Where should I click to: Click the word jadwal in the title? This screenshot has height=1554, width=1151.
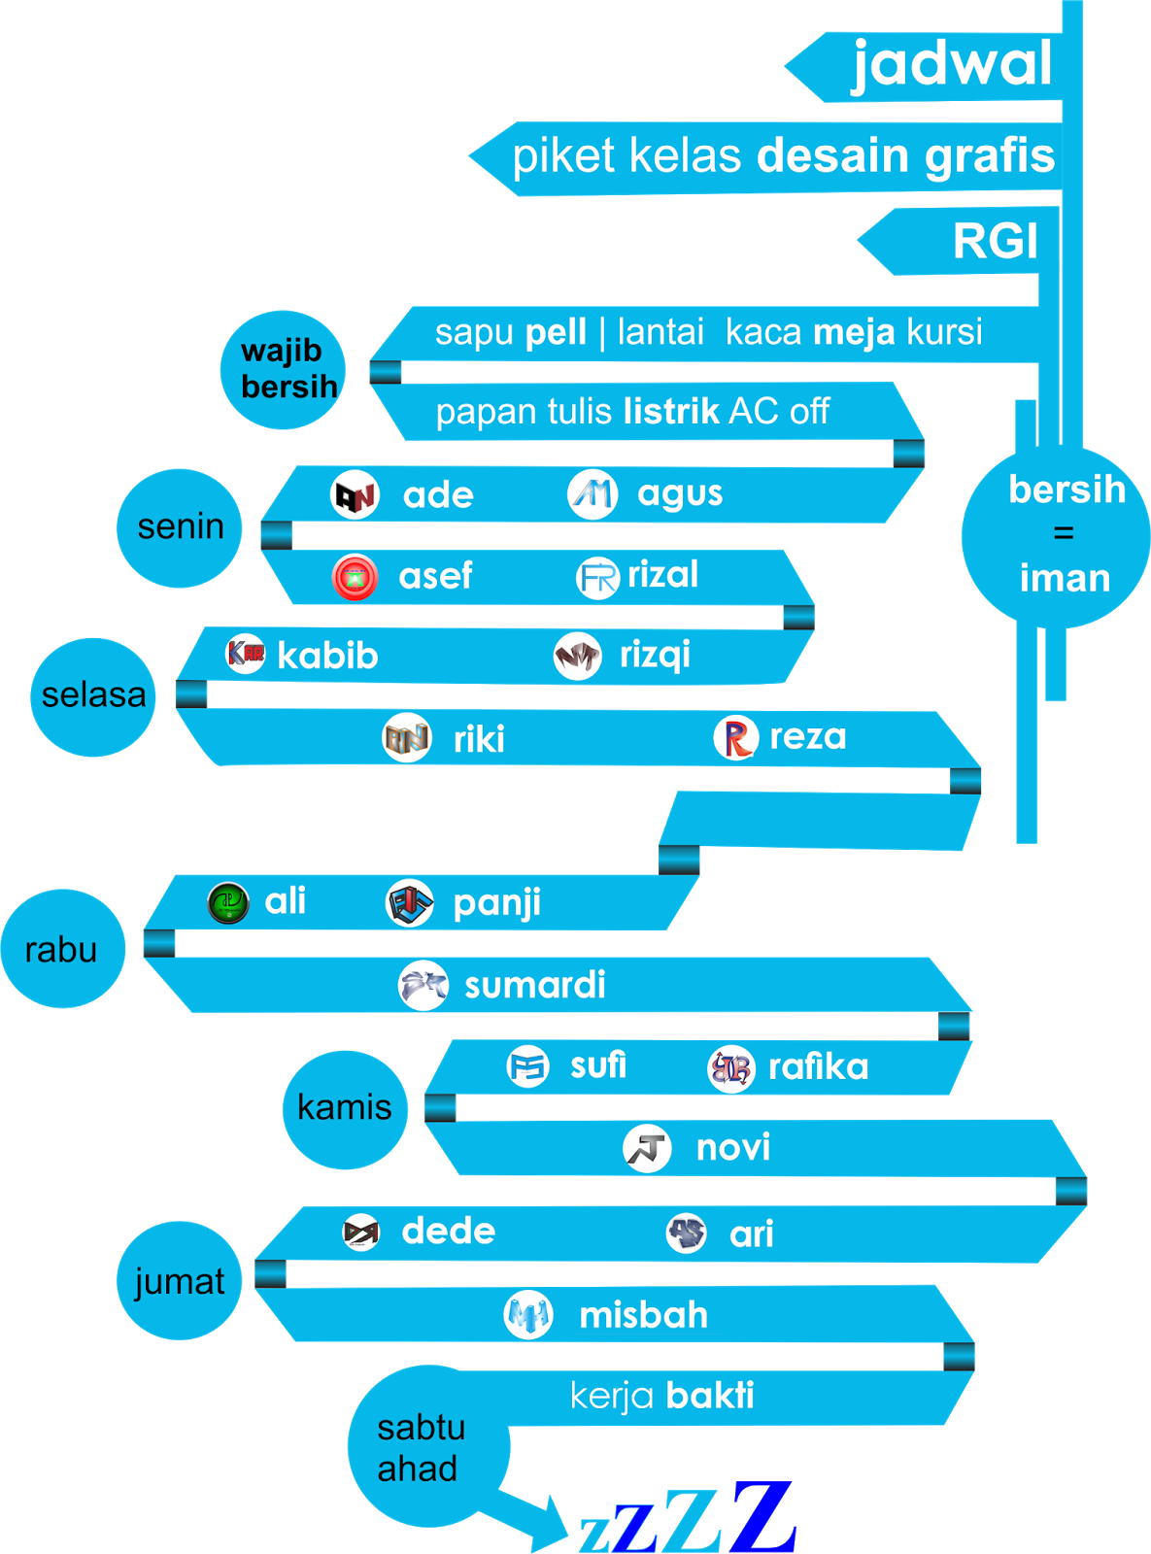pos(952,64)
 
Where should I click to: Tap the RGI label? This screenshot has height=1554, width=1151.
pos(996,241)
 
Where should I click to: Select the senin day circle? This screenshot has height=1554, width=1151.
pos(180,527)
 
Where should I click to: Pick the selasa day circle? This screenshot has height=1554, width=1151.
pos(93,696)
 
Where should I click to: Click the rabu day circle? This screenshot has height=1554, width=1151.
pos(62,949)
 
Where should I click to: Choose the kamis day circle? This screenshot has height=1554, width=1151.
pos(345,1108)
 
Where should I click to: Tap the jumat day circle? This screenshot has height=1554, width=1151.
pos(180,1281)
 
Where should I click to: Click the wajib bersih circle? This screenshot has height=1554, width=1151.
pos(284,370)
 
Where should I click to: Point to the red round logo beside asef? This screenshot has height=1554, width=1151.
pos(355,577)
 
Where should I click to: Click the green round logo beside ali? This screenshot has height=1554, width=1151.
pos(228,902)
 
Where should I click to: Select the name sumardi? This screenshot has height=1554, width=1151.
pos(535,986)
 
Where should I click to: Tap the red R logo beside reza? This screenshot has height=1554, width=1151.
pos(735,738)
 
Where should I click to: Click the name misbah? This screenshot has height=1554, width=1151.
pos(643,1316)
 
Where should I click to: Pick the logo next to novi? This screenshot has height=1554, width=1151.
pos(647,1148)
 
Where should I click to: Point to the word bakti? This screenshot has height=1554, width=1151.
pos(710,1396)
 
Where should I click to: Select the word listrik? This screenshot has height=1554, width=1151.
pos(671,412)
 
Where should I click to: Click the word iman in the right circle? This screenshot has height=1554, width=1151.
pos(1065,579)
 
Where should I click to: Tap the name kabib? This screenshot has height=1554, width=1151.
pos(327,657)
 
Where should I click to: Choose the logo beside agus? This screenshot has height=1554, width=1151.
pos(592,494)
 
